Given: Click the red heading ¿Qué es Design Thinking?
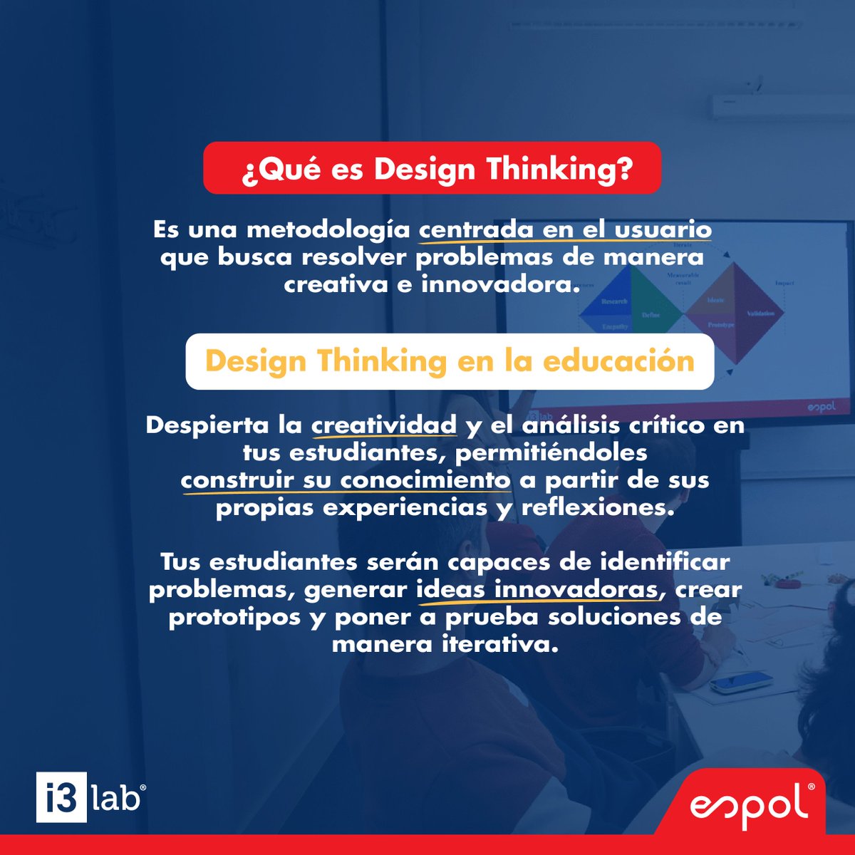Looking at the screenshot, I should [432, 169].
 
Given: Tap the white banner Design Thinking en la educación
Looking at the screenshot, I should [450, 361].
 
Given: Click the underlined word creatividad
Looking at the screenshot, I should [384, 425].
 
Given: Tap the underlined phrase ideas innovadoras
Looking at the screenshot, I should [537, 589].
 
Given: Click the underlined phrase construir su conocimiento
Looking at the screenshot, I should [346, 480].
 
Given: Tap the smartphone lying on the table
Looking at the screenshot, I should [741, 683].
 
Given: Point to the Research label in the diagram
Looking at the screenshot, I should [614, 301].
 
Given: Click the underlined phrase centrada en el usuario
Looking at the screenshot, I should [565, 230].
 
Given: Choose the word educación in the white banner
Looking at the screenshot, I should [618, 361].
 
